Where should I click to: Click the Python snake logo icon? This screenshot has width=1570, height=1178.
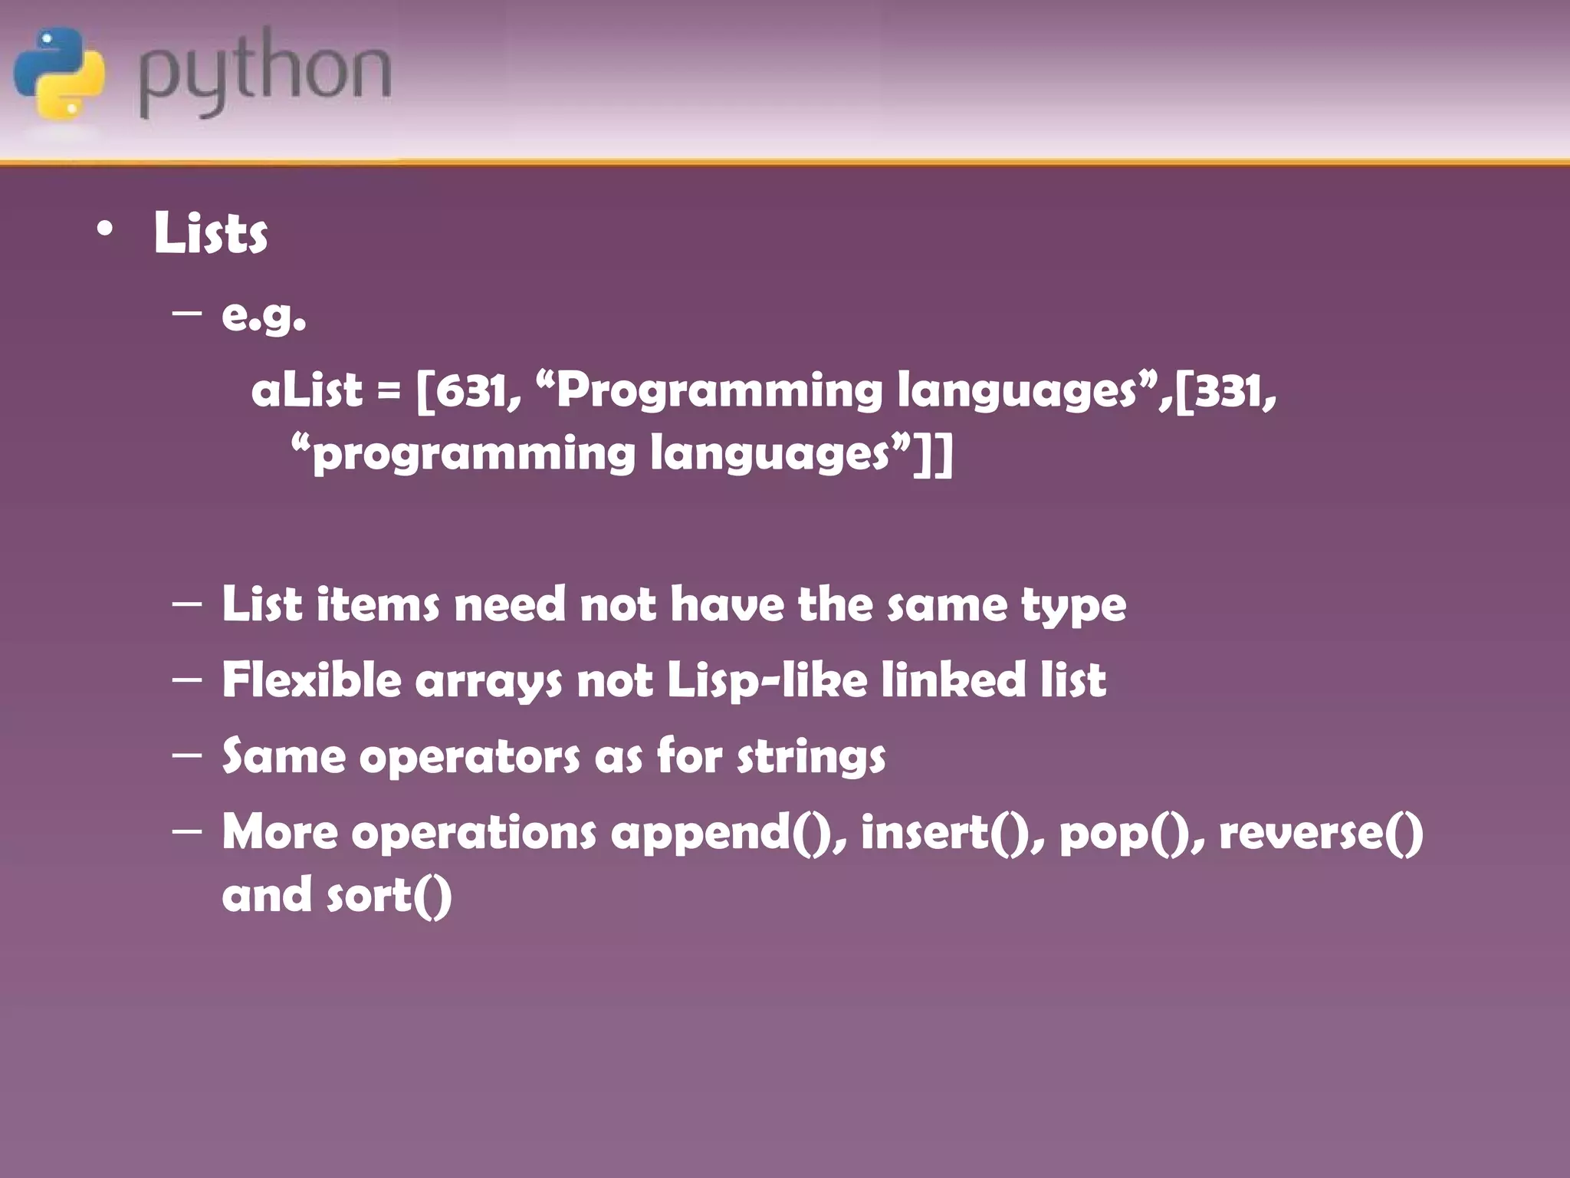point(59,73)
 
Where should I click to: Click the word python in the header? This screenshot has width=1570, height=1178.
point(264,73)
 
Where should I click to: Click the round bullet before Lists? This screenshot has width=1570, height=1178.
point(105,229)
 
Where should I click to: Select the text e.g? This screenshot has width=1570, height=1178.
point(263,314)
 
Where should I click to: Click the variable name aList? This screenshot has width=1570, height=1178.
point(306,390)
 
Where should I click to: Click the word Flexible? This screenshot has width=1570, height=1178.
point(311,679)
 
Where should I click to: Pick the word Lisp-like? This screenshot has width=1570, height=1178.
point(767,680)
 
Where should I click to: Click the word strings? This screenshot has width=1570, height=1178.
point(811,757)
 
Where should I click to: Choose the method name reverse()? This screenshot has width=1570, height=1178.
point(1320,832)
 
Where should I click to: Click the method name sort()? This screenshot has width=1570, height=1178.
point(389,895)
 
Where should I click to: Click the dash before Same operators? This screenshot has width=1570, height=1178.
point(187,754)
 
